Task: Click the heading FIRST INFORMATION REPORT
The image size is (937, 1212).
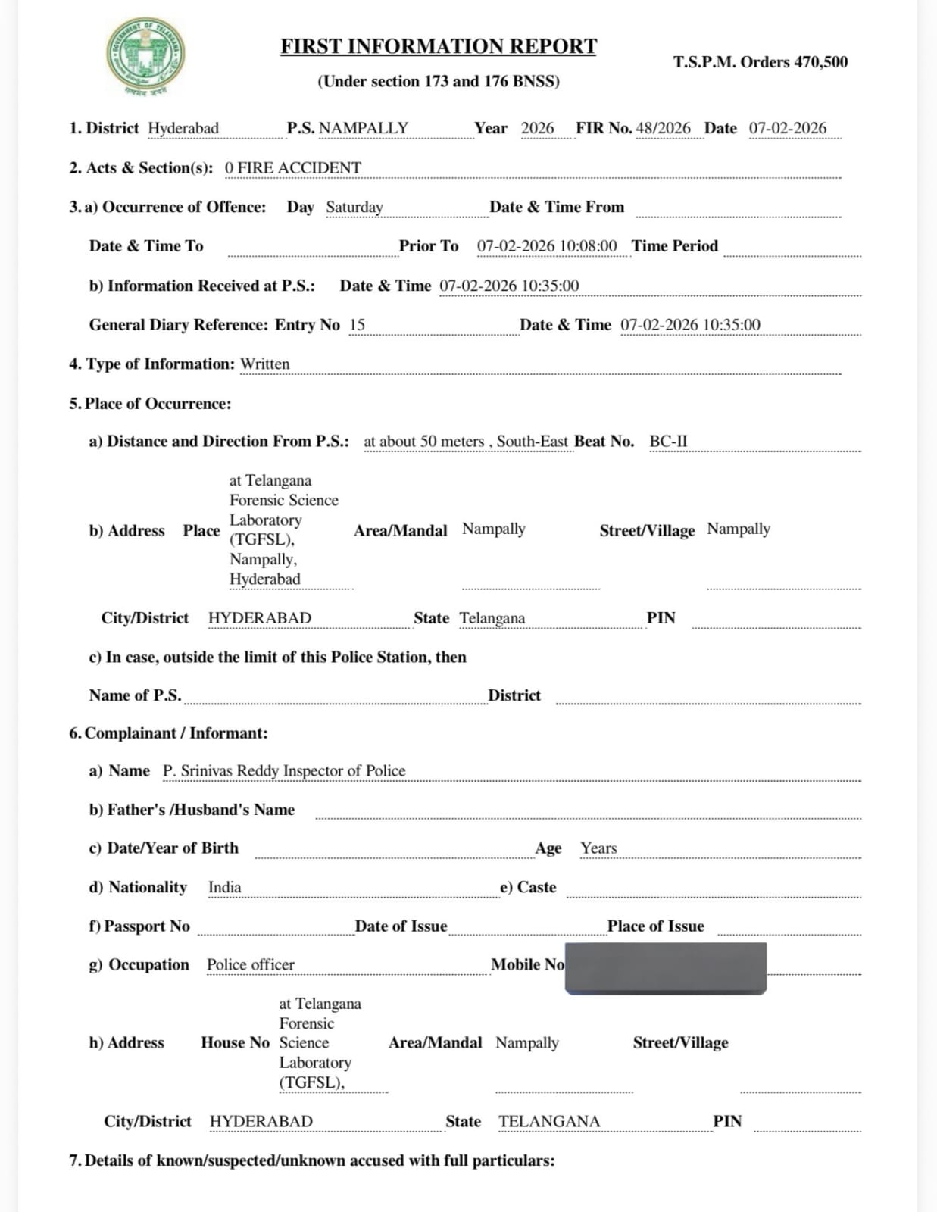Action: (x=439, y=46)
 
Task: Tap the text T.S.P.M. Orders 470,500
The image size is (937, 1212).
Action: (x=760, y=62)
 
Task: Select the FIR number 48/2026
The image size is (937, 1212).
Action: (x=663, y=128)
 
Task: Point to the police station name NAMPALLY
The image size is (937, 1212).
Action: (x=363, y=128)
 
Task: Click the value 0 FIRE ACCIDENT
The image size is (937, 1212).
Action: (x=292, y=167)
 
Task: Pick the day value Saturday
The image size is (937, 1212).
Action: (x=354, y=207)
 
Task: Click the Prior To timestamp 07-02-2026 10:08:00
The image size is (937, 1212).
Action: (x=546, y=246)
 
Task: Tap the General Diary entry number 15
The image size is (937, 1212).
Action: (x=357, y=325)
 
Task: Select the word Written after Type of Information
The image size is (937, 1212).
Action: (x=264, y=364)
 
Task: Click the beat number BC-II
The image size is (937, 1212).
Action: (x=668, y=442)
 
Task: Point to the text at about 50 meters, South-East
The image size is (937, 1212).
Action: (x=465, y=442)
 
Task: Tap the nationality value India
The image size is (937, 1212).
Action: (x=224, y=887)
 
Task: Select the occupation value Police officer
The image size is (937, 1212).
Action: (x=250, y=964)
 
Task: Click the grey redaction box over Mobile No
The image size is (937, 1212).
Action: (x=665, y=967)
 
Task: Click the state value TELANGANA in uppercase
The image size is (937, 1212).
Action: (x=548, y=1121)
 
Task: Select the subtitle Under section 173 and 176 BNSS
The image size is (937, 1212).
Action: (x=439, y=82)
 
